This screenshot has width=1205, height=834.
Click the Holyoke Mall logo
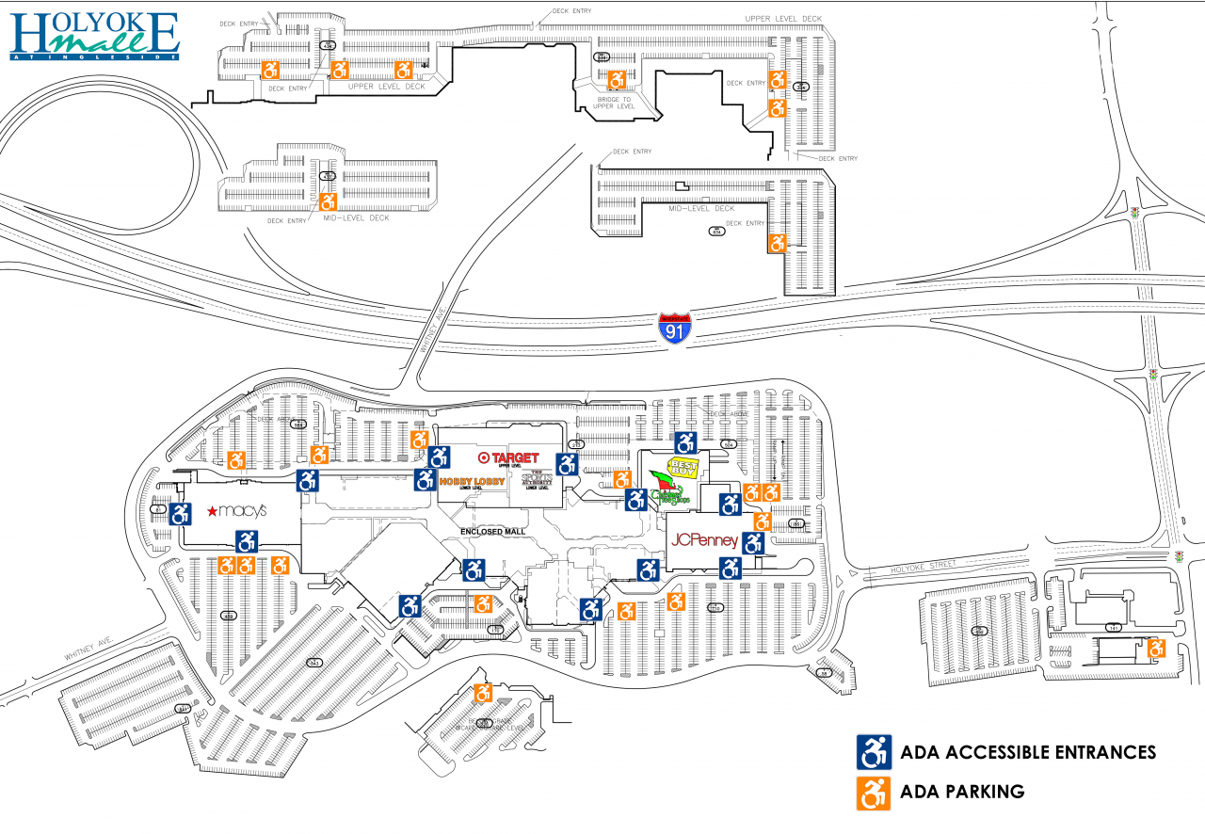[x=93, y=35]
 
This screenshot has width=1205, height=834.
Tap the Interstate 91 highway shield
[x=673, y=329]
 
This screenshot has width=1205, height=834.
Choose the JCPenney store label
[x=703, y=541]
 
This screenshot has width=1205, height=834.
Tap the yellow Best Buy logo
[x=685, y=468]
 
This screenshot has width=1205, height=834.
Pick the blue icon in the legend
[x=873, y=752]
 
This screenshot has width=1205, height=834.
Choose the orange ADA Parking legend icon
[x=873, y=792]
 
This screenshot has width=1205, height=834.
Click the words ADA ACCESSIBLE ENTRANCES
[x=1028, y=752]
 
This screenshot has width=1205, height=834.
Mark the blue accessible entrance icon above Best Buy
[x=686, y=442]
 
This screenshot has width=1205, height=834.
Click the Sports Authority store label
[x=537, y=480]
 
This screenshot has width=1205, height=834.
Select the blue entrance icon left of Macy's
[x=181, y=514]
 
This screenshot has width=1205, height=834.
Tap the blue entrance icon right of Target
[x=567, y=464]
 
